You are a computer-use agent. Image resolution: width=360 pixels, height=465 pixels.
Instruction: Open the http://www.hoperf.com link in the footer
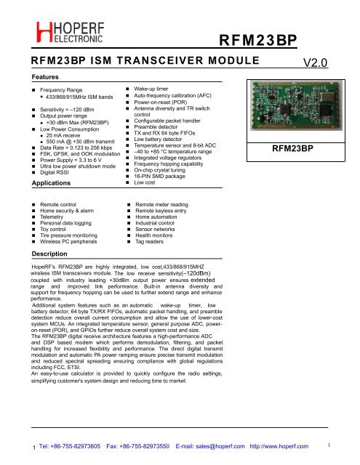click(279, 446)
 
